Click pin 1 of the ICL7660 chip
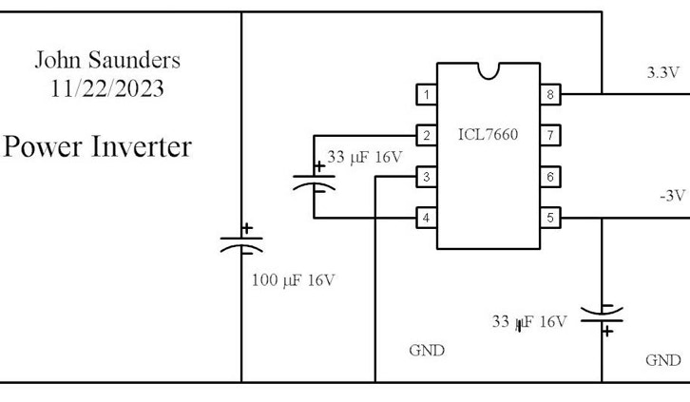(x=427, y=94)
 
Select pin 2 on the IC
(x=427, y=135)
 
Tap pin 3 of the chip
(x=427, y=177)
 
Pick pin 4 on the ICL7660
(x=427, y=218)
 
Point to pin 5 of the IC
(x=549, y=218)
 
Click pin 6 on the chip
(x=549, y=177)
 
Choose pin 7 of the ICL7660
(x=549, y=135)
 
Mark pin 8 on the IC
(x=549, y=94)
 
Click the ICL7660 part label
(x=489, y=134)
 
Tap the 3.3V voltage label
(x=662, y=72)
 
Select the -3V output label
(x=671, y=195)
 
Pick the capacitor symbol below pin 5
(x=603, y=318)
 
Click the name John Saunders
(x=107, y=60)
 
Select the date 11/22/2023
(x=107, y=89)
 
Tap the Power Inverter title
(x=98, y=147)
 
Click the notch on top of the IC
(x=489, y=69)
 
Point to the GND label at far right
(x=662, y=360)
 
